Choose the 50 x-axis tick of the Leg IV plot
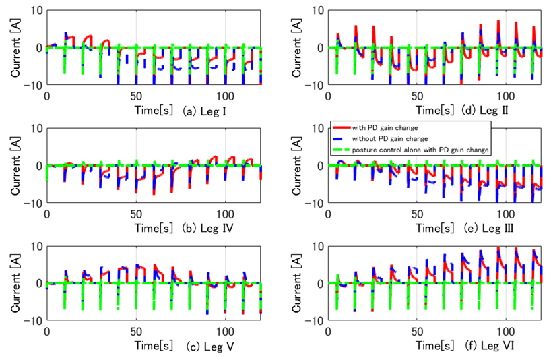pyautogui.click(x=135, y=214)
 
